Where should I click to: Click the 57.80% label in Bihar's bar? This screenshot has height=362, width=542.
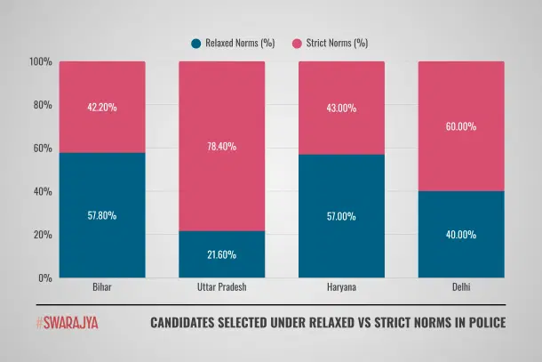point(102,215)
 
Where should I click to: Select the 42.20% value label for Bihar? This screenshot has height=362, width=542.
point(102,108)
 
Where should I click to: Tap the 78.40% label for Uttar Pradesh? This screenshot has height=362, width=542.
point(222,147)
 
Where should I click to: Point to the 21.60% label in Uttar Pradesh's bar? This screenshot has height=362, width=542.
point(222,254)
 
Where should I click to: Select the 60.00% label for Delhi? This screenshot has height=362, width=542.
point(461,126)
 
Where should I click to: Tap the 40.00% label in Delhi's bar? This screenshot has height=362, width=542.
point(461,235)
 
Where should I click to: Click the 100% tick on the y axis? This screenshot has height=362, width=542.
point(40,61)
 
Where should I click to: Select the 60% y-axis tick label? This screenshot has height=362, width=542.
point(42,148)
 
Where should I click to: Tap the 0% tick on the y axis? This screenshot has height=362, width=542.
point(44,278)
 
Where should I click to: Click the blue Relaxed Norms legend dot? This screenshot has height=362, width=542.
point(195,42)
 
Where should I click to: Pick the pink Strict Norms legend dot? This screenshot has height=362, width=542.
point(297,42)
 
